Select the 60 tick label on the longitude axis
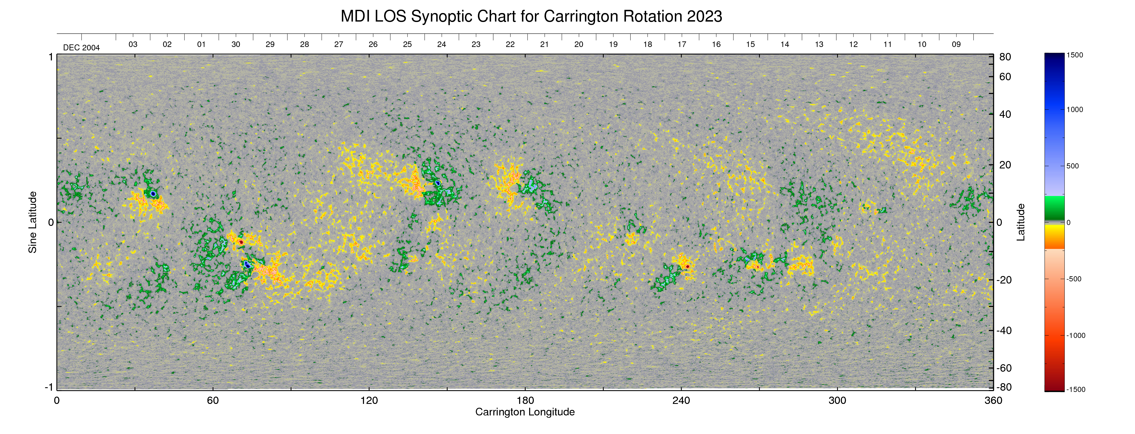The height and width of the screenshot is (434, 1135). click(213, 400)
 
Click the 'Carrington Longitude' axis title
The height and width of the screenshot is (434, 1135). click(525, 412)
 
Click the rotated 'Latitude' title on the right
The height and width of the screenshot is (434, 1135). click(1020, 222)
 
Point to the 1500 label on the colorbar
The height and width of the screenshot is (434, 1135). click(1075, 55)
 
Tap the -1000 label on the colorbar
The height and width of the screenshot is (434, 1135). click(1076, 335)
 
